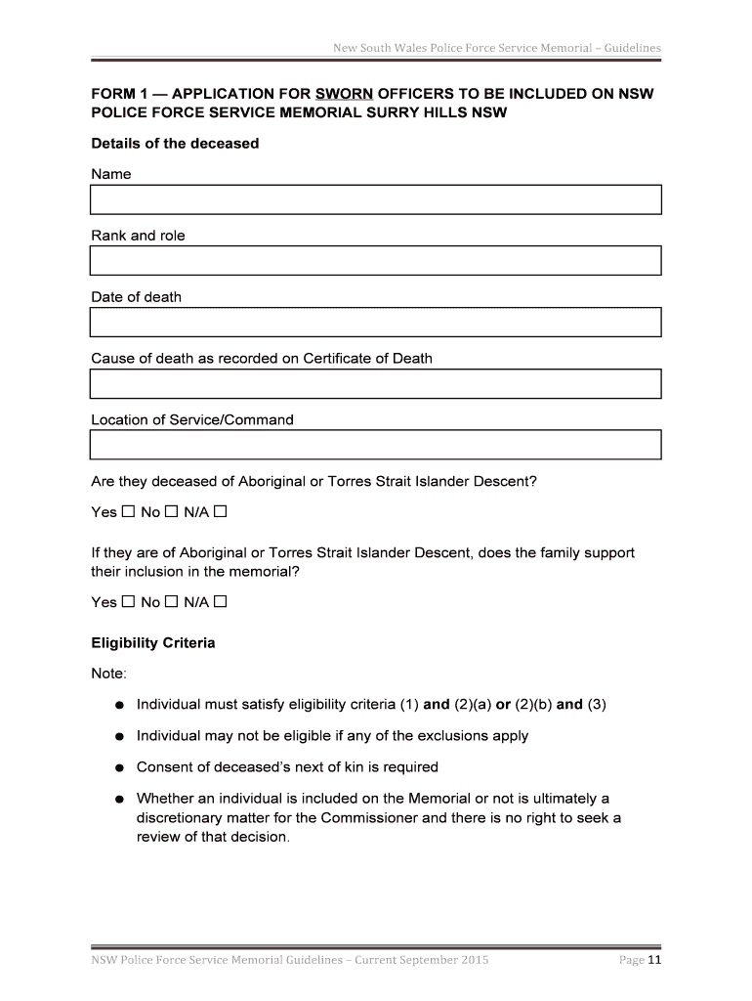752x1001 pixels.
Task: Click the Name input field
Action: coord(376,199)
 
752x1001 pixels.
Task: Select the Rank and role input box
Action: coord(376,261)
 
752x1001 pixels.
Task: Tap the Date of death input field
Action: coord(376,323)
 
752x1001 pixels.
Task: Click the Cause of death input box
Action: coord(376,384)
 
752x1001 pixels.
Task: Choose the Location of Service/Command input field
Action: coord(376,445)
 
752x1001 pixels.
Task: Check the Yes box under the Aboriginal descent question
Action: coord(127,512)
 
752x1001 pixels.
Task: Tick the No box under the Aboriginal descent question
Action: coord(171,512)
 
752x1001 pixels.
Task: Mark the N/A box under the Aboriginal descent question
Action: coord(220,512)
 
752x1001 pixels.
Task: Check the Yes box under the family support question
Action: coord(127,602)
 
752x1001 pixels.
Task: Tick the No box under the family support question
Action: coord(171,602)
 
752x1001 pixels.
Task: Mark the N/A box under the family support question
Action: coord(220,602)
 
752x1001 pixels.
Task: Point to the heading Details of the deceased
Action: coord(175,144)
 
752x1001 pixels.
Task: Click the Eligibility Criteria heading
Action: coord(152,644)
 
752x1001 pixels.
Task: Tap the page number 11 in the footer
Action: coord(654,960)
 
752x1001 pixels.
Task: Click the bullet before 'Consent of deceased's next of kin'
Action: coord(117,767)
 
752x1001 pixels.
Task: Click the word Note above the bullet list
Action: coord(107,675)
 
